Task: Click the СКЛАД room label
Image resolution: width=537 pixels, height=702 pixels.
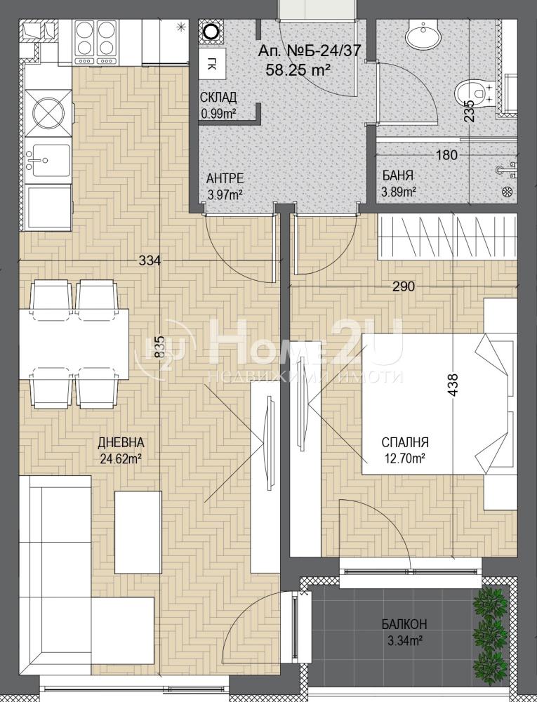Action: click(x=218, y=98)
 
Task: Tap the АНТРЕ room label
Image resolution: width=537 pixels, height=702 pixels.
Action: click(x=225, y=179)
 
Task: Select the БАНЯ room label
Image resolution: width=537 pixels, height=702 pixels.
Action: click(x=397, y=175)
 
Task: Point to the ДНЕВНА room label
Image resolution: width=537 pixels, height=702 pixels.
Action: click(x=121, y=443)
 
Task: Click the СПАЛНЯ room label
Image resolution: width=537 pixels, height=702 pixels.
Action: click(x=405, y=443)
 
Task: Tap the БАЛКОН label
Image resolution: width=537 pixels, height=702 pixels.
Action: click(x=404, y=623)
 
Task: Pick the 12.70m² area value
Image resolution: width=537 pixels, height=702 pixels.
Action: click(x=404, y=459)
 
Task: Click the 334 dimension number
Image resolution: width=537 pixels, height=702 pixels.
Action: click(x=150, y=260)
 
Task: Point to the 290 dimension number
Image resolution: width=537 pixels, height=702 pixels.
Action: click(x=403, y=286)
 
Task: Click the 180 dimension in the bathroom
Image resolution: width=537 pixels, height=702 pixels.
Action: click(x=446, y=155)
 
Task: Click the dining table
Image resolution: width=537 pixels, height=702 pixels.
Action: click(x=74, y=344)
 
